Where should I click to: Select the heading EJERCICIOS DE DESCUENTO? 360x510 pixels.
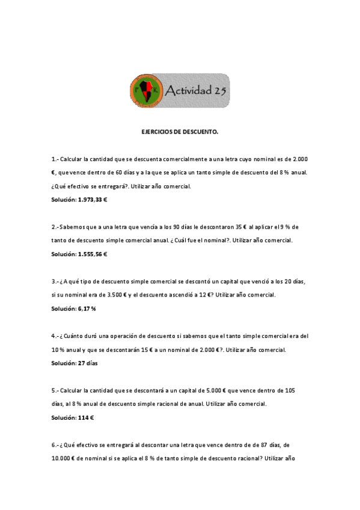tap(180, 131)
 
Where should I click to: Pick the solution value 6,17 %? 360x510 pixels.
tap(87, 309)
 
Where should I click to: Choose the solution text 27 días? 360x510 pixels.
tap(88, 363)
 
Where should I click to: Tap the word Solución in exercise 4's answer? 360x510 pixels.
tap(63, 363)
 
